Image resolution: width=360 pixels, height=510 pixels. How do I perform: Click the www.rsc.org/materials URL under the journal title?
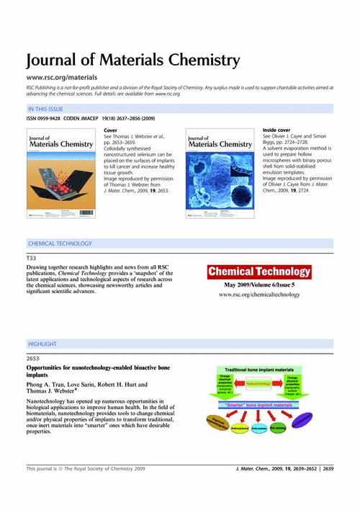point(62,76)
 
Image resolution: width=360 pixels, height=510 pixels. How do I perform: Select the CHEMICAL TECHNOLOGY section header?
point(60,243)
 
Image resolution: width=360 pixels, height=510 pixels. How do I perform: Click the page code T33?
point(31,258)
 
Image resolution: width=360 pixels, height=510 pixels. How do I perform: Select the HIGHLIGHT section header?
point(42,344)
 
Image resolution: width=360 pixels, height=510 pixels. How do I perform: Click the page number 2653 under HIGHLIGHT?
point(34,358)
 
